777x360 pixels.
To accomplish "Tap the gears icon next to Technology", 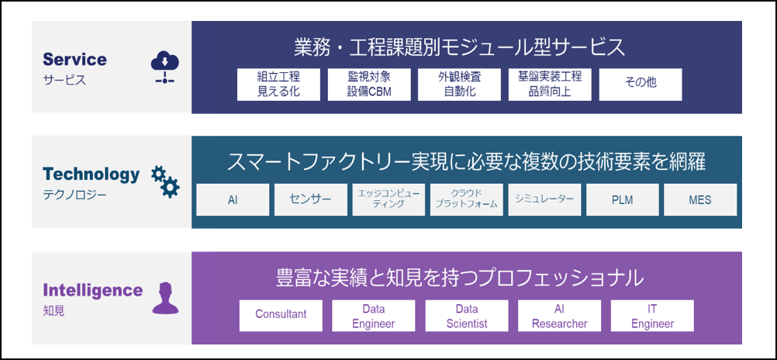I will click(x=164, y=182).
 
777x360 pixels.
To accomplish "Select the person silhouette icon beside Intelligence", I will click(x=164, y=299).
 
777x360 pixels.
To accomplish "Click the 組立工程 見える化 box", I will click(x=278, y=84).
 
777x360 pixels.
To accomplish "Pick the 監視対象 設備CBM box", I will click(x=369, y=84).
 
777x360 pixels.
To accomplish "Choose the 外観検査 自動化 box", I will click(x=460, y=84).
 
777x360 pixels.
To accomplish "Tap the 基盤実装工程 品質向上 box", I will click(x=550, y=84).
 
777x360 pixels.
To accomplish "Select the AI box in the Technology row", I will click(x=233, y=199).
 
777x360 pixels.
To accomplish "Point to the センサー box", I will click(x=310, y=199).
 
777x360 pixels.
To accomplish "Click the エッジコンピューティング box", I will click(x=388, y=199).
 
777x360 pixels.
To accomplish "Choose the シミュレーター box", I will click(x=544, y=199).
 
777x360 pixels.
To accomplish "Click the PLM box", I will click(x=622, y=199).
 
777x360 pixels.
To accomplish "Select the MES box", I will click(x=700, y=199).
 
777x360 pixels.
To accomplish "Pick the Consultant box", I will click(x=281, y=315).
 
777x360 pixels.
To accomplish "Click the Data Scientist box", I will click(x=467, y=315).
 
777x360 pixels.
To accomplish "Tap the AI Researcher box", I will click(x=560, y=315).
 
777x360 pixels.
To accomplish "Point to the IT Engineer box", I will click(x=652, y=315).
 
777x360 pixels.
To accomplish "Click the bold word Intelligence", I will click(x=93, y=290).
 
